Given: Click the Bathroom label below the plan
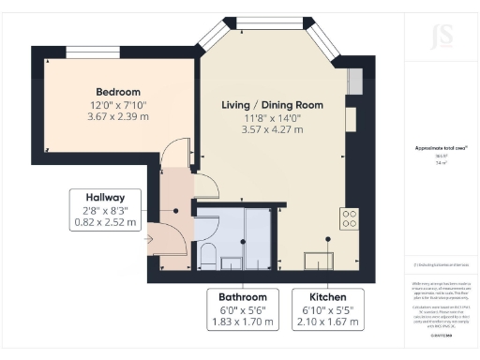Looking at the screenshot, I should coord(243,296).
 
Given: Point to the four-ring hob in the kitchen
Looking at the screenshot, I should coord(349,218).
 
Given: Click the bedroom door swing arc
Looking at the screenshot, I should coord(174,155).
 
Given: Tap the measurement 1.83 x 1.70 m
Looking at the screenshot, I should coord(243,322).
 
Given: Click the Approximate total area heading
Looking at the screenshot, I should coord(440,148).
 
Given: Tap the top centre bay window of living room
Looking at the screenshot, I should coord(262,21).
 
